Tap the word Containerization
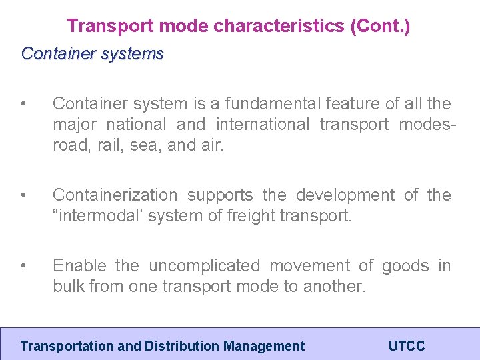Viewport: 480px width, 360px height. (115, 195)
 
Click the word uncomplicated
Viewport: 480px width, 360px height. (204, 265)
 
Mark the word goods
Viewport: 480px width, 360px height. (405, 265)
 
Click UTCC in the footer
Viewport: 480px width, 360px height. (406, 346)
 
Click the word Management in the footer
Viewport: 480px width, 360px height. (264, 346)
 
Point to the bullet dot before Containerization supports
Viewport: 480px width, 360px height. (23, 195)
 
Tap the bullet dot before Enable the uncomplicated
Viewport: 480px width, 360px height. (23, 266)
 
